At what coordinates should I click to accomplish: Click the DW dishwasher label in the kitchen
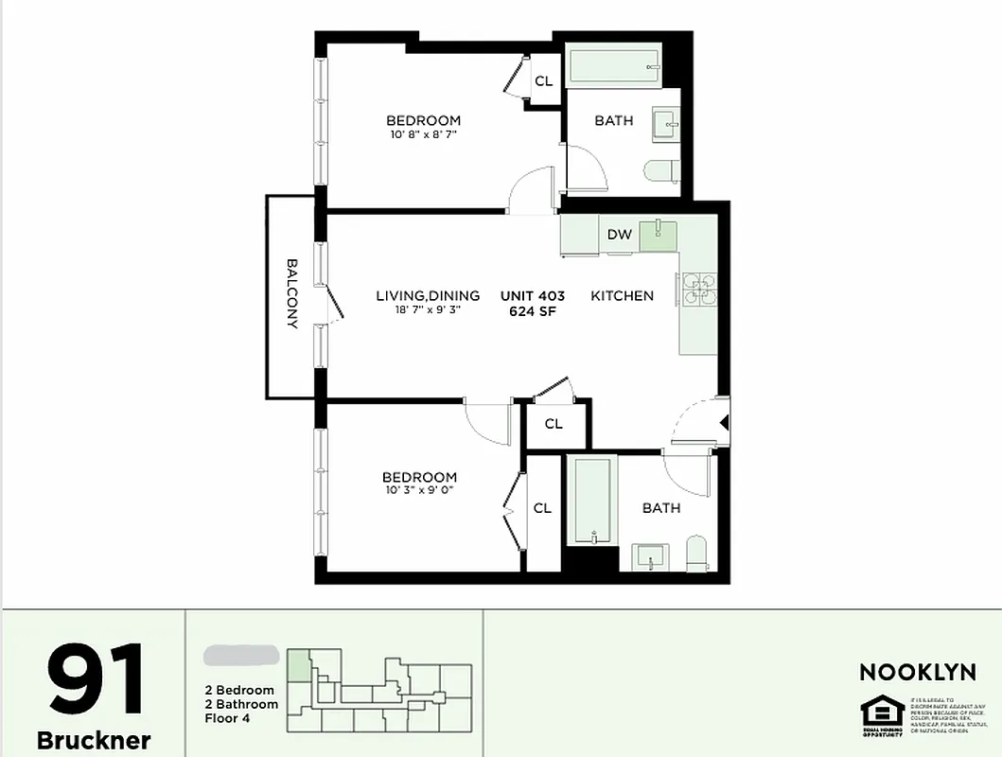[x=620, y=235]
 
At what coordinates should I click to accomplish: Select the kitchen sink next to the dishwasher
[x=658, y=234]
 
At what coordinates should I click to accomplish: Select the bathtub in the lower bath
[x=592, y=501]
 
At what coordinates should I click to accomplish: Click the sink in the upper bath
[x=665, y=122]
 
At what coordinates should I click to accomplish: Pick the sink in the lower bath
[x=651, y=556]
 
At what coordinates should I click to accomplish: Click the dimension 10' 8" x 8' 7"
[x=423, y=134]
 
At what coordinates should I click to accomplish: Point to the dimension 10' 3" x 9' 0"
[x=419, y=490]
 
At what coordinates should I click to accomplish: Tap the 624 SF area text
[x=532, y=310]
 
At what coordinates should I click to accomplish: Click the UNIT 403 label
[x=532, y=295]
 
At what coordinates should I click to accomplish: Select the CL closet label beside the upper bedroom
[x=543, y=81]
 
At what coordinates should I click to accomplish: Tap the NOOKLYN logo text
[x=917, y=673]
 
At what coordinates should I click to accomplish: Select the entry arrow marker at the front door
[x=724, y=423]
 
